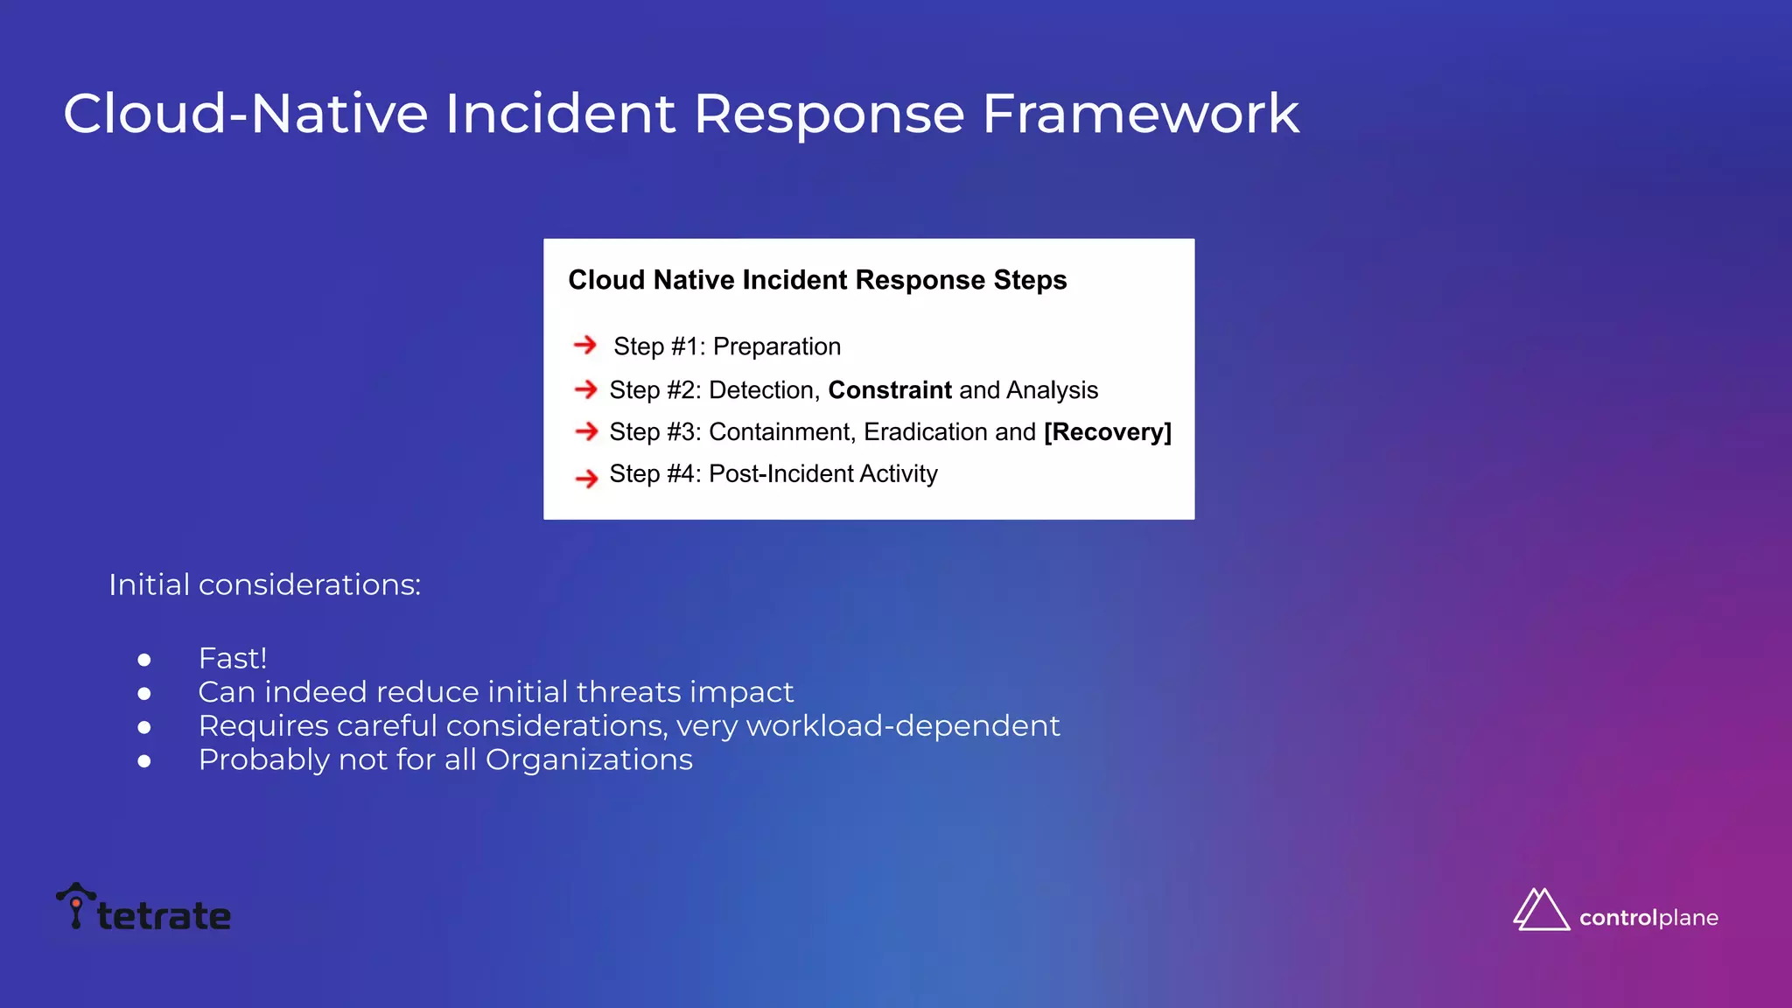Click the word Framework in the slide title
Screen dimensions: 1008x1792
(x=1139, y=114)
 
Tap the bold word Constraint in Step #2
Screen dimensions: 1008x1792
(x=889, y=390)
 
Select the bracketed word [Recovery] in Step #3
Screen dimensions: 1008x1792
(x=1107, y=432)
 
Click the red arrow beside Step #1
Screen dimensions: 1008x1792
(x=584, y=346)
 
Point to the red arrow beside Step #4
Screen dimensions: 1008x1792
(x=586, y=478)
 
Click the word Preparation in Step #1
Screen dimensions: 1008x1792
(x=776, y=347)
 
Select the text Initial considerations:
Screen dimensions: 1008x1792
(x=264, y=584)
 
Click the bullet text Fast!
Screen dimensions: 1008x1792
(x=232, y=658)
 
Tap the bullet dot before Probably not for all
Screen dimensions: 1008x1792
(x=144, y=761)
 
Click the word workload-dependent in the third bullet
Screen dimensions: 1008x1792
(x=903, y=726)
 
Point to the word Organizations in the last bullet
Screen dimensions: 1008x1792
(x=588, y=759)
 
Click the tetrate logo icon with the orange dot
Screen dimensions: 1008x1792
(x=76, y=905)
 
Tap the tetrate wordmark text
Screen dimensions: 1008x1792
(x=164, y=916)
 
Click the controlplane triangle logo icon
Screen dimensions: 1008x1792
(x=1541, y=910)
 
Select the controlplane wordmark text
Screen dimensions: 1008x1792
(x=1648, y=918)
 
